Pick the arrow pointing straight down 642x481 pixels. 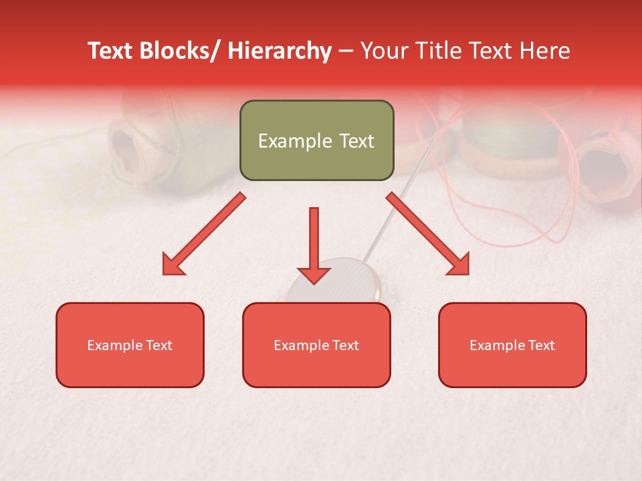pyautogui.click(x=314, y=244)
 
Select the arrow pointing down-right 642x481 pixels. pyautogui.click(x=428, y=234)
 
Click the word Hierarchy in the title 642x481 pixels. pyautogui.click(x=279, y=51)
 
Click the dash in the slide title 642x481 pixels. pyautogui.click(x=346, y=51)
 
